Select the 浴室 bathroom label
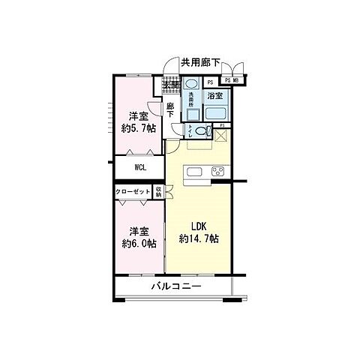(x=215, y=96)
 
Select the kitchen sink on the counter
(x=193, y=173)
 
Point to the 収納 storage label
(x=159, y=192)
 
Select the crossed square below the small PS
(x=221, y=136)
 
